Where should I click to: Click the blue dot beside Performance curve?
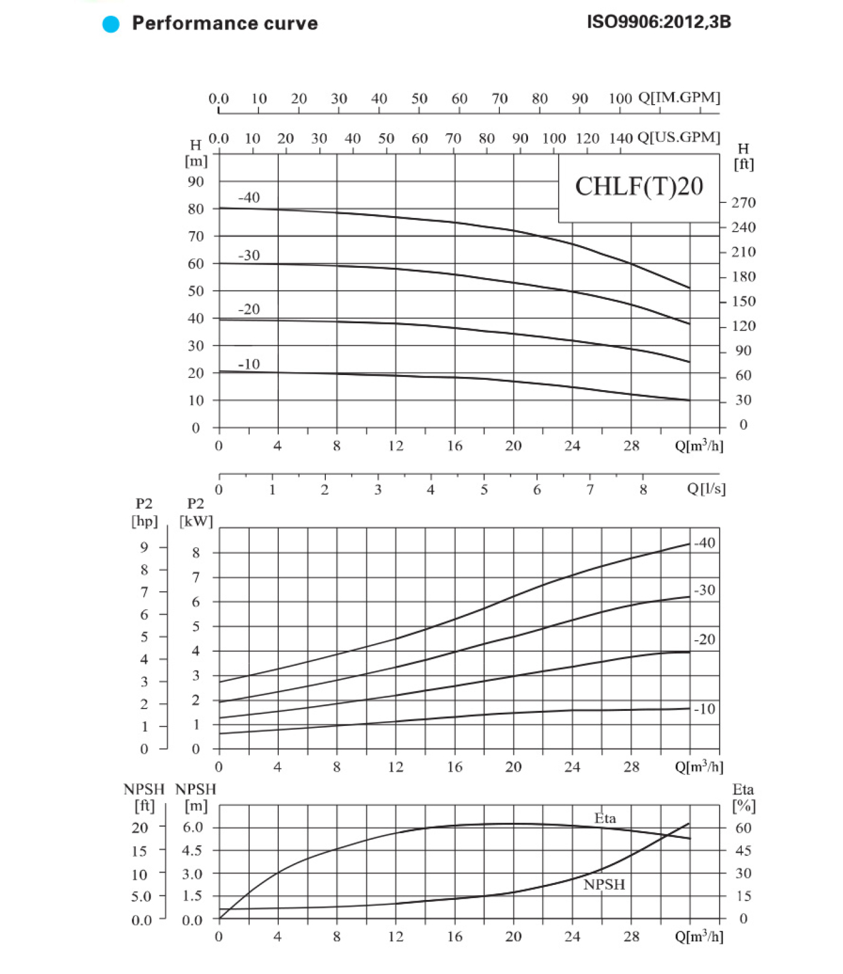tap(111, 23)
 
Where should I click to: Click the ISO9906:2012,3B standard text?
tap(659, 22)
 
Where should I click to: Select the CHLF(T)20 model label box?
tap(639, 187)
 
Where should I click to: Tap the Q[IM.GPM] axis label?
tap(679, 98)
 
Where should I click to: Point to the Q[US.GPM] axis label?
tap(679, 137)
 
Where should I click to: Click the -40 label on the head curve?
tap(249, 197)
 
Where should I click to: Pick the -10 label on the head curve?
tap(249, 364)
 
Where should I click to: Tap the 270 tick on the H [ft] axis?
tap(743, 203)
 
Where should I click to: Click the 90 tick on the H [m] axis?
tap(196, 182)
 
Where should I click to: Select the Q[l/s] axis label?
tap(706, 488)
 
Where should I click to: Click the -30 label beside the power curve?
tap(705, 591)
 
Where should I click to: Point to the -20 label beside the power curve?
tap(705, 639)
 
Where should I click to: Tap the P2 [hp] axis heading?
tap(145, 512)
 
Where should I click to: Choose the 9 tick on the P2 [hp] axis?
tap(145, 547)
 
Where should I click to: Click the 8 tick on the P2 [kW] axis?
tap(196, 553)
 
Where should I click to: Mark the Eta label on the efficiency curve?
tap(605, 819)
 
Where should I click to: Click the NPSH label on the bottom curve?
tap(604, 884)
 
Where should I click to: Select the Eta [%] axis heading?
tap(744, 798)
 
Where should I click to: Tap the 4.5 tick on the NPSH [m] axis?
tap(192, 851)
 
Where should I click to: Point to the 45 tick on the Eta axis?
tap(744, 851)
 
